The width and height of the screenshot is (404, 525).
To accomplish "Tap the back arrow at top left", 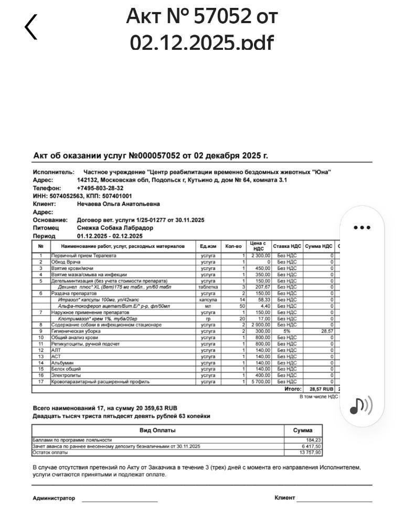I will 31,27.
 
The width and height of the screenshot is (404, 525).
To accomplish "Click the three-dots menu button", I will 362,227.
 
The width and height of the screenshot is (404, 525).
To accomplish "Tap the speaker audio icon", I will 362,405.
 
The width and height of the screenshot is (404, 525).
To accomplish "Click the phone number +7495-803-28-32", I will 100,188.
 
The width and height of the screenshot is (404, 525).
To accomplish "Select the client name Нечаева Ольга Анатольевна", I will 119,204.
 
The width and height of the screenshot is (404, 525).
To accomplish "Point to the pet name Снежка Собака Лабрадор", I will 115,228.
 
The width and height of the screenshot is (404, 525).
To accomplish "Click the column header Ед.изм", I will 208,246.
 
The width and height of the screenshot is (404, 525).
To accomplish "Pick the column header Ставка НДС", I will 287,246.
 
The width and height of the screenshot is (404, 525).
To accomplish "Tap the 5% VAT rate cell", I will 287,331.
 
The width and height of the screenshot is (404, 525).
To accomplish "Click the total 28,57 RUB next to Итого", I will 321,389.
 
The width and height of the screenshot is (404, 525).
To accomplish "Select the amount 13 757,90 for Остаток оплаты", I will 310,453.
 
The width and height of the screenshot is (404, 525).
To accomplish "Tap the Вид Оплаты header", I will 157,430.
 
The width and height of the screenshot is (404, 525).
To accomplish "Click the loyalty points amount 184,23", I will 313,440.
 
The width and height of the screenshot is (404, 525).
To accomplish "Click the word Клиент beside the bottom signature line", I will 284,498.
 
